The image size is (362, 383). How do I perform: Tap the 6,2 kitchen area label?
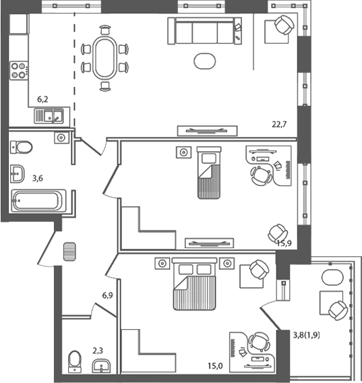(42, 99)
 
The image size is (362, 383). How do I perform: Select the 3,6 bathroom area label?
(39, 179)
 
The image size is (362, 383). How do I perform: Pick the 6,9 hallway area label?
(107, 295)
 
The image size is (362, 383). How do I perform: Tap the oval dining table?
(104, 58)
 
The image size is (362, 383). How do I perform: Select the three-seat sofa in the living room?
(204, 32)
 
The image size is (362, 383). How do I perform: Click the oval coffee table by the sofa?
(204, 61)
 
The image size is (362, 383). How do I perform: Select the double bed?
(194, 285)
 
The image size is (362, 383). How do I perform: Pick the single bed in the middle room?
(208, 173)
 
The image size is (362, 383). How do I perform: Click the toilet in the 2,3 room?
(74, 361)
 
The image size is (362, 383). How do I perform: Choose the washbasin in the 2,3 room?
(103, 366)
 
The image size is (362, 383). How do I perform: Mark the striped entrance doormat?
(67, 252)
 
